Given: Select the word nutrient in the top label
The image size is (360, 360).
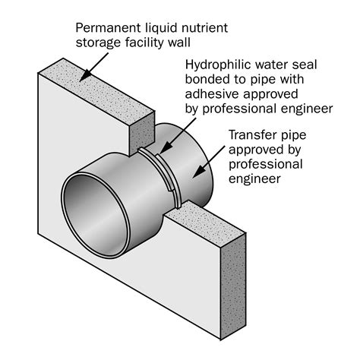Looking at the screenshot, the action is click(x=204, y=28).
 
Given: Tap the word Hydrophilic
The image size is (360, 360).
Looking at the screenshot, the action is click(x=218, y=65).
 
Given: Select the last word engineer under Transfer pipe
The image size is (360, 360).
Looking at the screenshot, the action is click(x=254, y=179).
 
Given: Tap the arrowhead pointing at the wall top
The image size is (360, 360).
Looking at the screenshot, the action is click(x=86, y=75).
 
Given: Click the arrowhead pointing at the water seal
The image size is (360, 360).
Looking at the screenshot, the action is click(x=165, y=148).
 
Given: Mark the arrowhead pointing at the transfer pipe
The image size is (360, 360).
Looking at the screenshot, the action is click(x=200, y=172).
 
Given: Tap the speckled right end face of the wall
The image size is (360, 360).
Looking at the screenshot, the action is click(x=233, y=286).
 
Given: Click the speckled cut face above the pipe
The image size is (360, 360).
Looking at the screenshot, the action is click(x=142, y=134).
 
